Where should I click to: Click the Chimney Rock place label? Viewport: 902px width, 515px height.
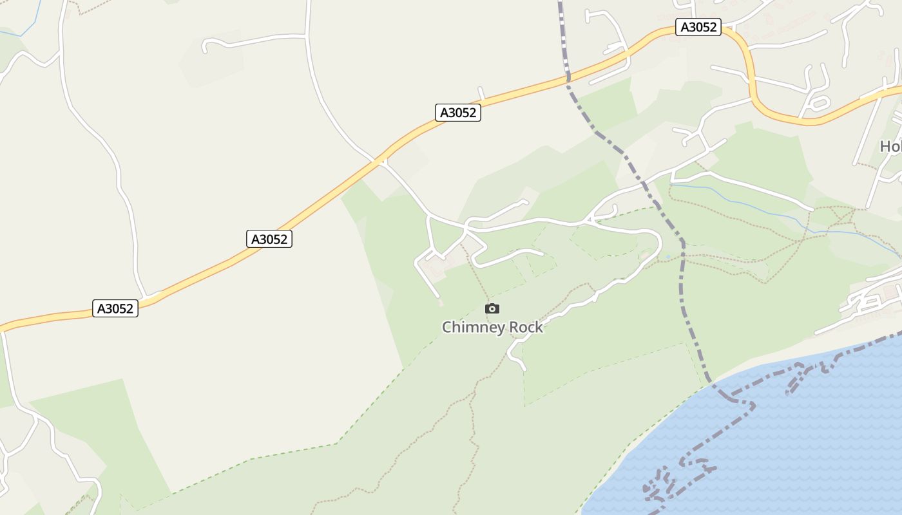pyautogui.click(x=492, y=328)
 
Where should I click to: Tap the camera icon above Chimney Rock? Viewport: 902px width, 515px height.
pyautogui.click(x=492, y=309)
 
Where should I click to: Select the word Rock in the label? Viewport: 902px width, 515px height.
pyautogui.click(x=526, y=328)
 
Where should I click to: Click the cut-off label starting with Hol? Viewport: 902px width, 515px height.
pyautogui.click(x=890, y=147)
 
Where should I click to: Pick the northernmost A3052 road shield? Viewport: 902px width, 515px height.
pyautogui.click(x=698, y=27)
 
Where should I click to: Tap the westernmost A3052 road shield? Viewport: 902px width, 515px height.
pyautogui.click(x=115, y=308)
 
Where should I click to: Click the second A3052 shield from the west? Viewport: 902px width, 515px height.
pyautogui.click(x=269, y=239)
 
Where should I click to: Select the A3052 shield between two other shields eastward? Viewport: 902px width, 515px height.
pyautogui.click(x=458, y=113)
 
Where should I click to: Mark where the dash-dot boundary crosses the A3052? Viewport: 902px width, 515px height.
pyautogui.click(x=568, y=77)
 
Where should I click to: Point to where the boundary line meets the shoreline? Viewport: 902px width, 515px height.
pyautogui.click(x=710, y=382)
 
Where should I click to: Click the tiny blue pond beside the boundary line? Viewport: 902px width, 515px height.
pyautogui.click(x=668, y=257)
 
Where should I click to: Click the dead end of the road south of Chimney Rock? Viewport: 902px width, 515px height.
pyautogui.click(x=524, y=370)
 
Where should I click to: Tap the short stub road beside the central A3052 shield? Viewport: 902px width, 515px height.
pyautogui.click(x=481, y=93)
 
